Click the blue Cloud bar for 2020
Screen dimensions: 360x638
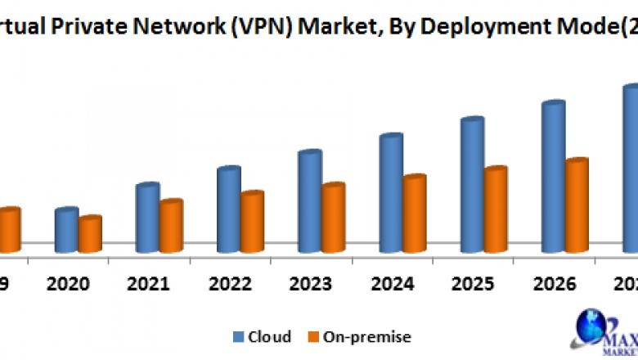(65, 231)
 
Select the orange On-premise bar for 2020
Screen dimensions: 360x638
(89, 235)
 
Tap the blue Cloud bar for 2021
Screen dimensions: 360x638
(146, 218)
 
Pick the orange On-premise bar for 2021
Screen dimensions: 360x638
(170, 227)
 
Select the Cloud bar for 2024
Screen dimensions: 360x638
(390, 193)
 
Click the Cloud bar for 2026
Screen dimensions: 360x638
(552, 177)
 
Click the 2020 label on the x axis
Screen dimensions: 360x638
(67, 284)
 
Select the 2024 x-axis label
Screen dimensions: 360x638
(392, 284)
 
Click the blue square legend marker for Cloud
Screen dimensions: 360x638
(239, 336)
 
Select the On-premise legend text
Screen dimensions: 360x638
(367, 336)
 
